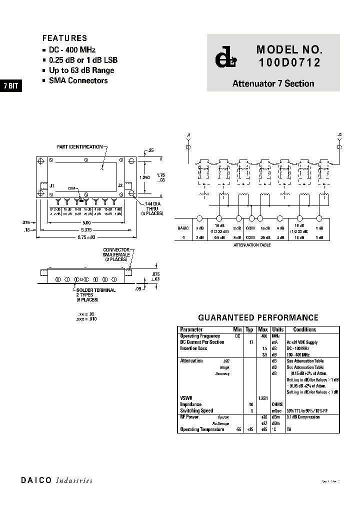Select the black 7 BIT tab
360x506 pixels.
pyautogui.click(x=10, y=85)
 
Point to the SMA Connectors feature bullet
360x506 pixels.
pyautogui.click(x=78, y=80)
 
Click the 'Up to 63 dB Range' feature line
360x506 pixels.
pyautogui.click(x=81, y=70)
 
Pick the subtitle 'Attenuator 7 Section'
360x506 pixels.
pyautogui.click(x=273, y=83)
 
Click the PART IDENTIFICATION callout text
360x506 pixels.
pyautogui.click(x=79, y=147)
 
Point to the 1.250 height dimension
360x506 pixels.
pyautogui.click(x=144, y=177)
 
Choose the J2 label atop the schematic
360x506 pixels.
pyautogui.click(x=339, y=134)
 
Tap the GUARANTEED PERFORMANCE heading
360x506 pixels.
pyautogui.click(x=258, y=317)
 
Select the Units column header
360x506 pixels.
pyautogui.click(x=277, y=329)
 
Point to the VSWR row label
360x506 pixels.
pyautogui.click(x=186, y=398)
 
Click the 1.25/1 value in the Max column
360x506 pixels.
pyautogui.click(x=263, y=398)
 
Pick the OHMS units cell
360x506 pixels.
pyautogui.click(x=277, y=404)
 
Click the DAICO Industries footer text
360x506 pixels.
pyautogui.click(x=56, y=480)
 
